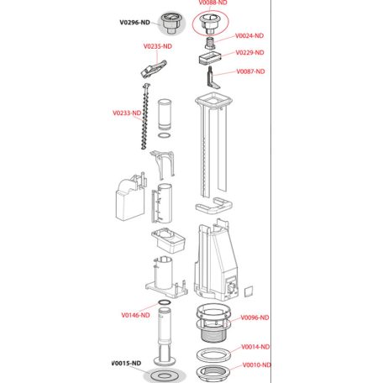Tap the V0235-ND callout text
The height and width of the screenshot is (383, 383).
click(158, 45)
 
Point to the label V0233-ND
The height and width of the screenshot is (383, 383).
click(126, 113)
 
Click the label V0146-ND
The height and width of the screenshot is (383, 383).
click(134, 314)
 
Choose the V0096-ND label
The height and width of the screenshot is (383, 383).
click(254, 317)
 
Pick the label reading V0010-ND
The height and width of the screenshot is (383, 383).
click(254, 365)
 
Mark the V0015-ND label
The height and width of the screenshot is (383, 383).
click(127, 363)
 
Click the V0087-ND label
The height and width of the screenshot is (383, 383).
click(250, 72)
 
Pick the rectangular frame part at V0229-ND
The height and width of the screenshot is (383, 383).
click(207, 57)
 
